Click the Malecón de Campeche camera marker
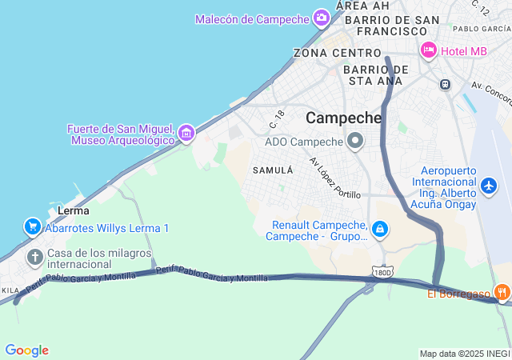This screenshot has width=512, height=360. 321,18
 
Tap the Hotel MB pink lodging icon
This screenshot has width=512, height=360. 429,50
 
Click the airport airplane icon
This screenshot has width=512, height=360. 489,186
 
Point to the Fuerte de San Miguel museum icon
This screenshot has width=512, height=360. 186,133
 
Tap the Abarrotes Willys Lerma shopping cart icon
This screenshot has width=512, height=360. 33,228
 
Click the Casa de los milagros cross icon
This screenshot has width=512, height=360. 34,257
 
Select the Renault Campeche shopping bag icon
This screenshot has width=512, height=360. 381,230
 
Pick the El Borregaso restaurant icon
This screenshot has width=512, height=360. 502,293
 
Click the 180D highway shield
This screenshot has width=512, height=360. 383,273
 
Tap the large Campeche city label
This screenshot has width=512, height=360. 344,118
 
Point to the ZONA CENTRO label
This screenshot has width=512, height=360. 326,53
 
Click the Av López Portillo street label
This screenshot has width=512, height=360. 335,178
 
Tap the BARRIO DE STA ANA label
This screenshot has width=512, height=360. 376,74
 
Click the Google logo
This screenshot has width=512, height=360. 26,350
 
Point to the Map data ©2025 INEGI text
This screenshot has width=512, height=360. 464,354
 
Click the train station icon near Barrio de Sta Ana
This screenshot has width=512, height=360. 445,83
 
